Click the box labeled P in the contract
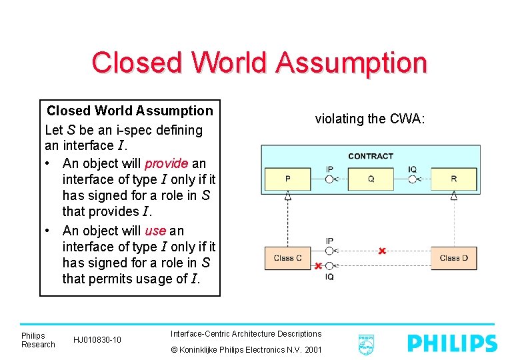[x=287, y=179]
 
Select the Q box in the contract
[x=371, y=179]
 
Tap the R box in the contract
[x=454, y=179]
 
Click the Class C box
[x=287, y=258]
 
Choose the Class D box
[x=454, y=258]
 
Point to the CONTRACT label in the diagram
[x=371, y=156]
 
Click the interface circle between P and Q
[x=329, y=179]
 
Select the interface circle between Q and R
[x=413, y=179]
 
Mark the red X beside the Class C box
[x=319, y=266]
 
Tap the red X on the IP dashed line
[x=381, y=251]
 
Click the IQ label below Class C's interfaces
[x=329, y=277]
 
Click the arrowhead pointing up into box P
[x=287, y=195]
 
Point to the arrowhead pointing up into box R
[x=454, y=195]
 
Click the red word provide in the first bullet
[x=166, y=163]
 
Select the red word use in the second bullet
[x=155, y=231]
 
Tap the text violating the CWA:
[x=369, y=119]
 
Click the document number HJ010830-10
[x=97, y=340]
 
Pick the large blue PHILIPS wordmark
[x=452, y=343]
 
